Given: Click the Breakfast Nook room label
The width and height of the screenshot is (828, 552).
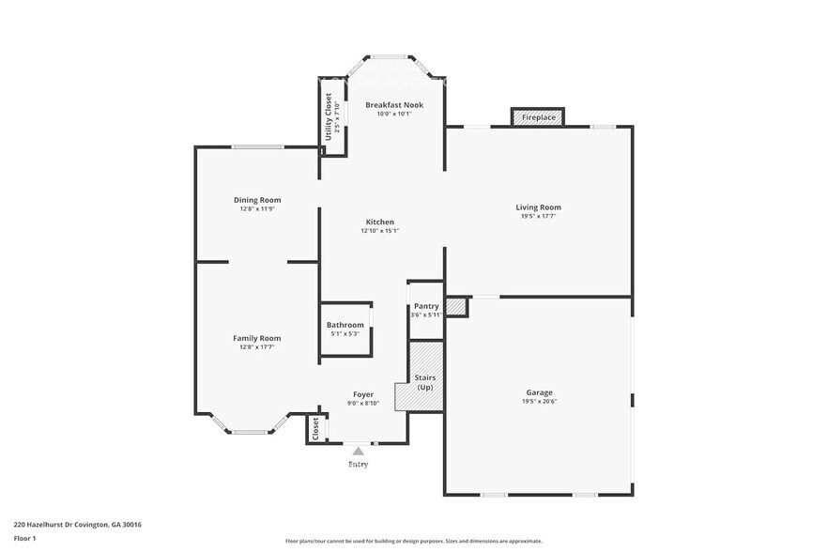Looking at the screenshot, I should [x=393, y=105].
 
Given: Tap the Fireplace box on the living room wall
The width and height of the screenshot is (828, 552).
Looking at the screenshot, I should [x=538, y=117].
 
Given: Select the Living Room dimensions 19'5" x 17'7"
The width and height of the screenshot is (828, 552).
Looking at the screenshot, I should [x=538, y=216].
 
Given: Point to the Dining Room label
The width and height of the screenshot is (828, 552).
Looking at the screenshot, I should [x=257, y=200].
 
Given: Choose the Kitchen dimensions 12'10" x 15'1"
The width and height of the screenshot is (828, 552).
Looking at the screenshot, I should [x=380, y=231].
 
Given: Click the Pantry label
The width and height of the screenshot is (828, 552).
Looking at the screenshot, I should [x=426, y=306].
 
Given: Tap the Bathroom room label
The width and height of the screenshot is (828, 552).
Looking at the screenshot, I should [x=345, y=325].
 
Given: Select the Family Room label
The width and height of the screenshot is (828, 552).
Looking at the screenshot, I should [x=257, y=338].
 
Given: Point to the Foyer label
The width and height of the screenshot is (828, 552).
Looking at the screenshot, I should [x=362, y=395].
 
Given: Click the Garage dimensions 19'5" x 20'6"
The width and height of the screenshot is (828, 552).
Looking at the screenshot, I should [x=538, y=401].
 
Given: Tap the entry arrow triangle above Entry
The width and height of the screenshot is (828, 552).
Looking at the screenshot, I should [x=358, y=452].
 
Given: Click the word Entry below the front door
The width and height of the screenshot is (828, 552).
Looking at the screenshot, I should [x=358, y=464].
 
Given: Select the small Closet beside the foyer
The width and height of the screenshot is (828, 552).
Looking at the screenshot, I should [x=314, y=429].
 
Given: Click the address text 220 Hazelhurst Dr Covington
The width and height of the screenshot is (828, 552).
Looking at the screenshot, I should [x=77, y=525].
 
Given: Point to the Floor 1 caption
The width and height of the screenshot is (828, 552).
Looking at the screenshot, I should [x=24, y=538].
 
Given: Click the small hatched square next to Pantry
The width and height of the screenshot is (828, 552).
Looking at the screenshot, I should [x=456, y=307].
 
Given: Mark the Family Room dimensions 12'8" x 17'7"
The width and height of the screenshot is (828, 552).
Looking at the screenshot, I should [x=257, y=347].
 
